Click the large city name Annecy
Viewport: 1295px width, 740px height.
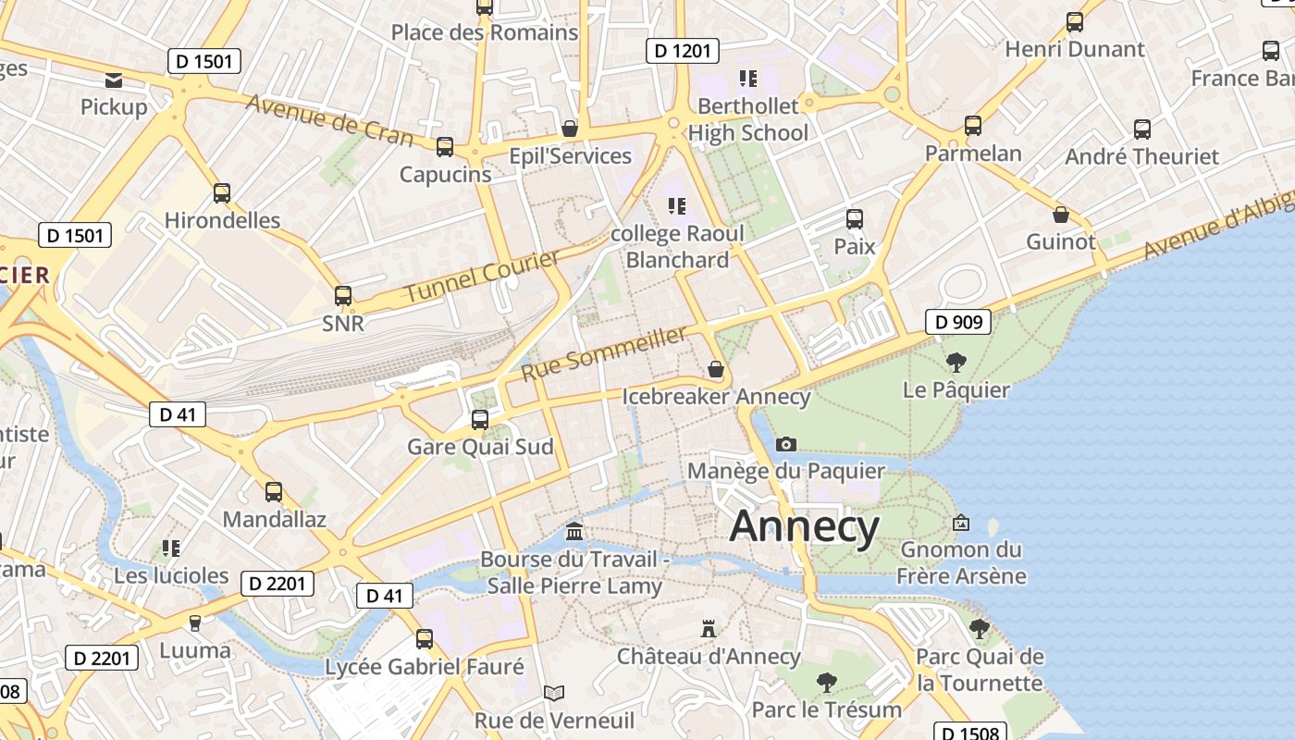(804, 526)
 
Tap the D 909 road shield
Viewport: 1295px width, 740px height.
(958, 322)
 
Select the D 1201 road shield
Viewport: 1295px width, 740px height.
(682, 50)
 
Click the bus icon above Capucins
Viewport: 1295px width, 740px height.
(445, 146)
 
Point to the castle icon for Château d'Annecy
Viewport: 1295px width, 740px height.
(709, 629)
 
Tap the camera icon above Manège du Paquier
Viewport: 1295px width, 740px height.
(786, 445)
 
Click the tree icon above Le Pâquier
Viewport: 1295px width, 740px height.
(956, 363)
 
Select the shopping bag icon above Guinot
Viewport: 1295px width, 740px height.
(1061, 215)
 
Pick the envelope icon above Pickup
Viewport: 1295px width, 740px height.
(114, 80)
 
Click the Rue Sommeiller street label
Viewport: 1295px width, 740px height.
(603, 353)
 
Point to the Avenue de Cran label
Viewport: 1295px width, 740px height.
(329, 119)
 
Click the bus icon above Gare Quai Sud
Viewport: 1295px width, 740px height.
(479, 419)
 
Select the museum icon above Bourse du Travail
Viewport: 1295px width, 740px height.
(574, 532)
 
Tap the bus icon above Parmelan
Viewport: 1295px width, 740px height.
(972, 126)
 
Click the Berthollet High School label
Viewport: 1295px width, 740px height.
(747, 119)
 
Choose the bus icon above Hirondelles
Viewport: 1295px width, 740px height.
(222, 192)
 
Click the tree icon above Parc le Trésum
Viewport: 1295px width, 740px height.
(827, 683)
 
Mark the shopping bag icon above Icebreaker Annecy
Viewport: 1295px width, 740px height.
(716, 369)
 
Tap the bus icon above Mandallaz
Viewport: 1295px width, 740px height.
(274, 491)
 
